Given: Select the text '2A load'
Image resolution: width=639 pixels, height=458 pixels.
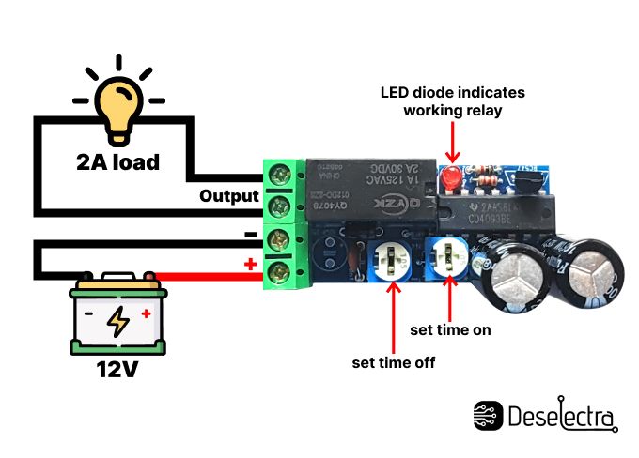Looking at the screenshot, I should [117, 161].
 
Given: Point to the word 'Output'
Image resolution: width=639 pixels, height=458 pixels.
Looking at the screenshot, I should [228, 196].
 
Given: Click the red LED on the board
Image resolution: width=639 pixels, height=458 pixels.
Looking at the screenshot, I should [452, 176].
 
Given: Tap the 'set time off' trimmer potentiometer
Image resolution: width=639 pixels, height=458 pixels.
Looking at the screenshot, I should [391, 261].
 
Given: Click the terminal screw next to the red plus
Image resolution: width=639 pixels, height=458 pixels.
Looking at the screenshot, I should [280, 272].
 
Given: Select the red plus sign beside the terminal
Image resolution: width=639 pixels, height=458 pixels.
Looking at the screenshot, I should [250, 265].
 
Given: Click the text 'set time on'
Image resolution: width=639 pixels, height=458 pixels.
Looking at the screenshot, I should [451, 330].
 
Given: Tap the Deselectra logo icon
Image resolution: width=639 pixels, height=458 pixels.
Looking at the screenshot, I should [488, 416].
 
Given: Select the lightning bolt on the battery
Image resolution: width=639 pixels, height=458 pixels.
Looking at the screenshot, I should [118, 321].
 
